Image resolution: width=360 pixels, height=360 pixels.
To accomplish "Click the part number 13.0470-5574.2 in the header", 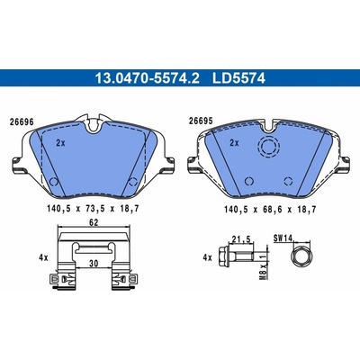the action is coord(147,78).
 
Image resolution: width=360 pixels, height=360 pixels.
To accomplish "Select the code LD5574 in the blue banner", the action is coord(238,78).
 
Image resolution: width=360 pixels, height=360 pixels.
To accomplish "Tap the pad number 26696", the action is coord(22,122).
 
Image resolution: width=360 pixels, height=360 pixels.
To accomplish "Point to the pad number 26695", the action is coord(201,121).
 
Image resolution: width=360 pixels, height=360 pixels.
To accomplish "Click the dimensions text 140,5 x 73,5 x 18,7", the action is coord(93,209).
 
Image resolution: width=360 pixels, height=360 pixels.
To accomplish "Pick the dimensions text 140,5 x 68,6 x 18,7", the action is coord(270,210).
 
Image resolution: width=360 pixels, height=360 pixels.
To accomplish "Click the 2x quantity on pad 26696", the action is coord(60,143).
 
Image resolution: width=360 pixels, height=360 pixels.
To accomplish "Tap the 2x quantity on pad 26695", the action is coord(234,143).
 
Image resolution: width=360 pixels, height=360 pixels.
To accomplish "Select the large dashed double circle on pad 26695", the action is coord(268,146).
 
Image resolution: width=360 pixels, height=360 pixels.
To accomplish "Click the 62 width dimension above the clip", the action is coord(94,222).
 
